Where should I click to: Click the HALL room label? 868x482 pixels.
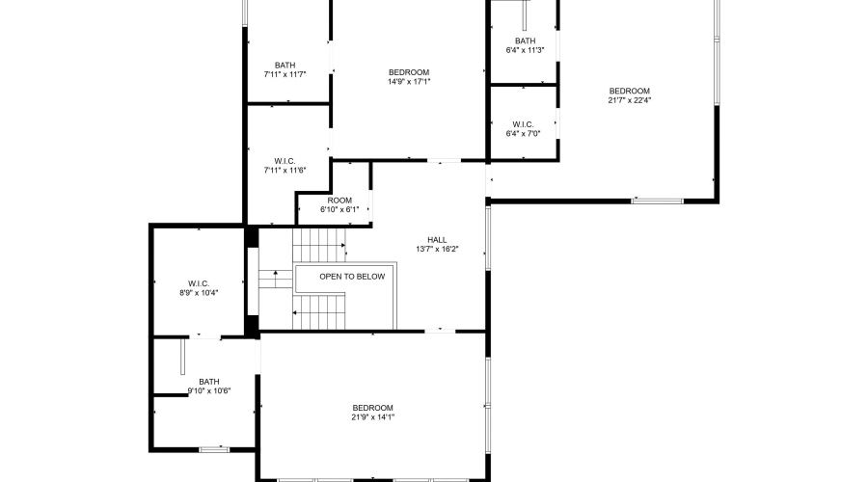[x=437, y=240]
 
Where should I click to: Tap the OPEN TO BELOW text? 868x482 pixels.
[x=352, y=277]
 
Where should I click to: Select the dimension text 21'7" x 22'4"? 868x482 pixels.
[x=630, y=100]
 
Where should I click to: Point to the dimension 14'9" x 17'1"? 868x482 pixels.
[x=409, y=81]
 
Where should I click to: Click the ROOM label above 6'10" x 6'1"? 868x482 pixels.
[x=339, y=201]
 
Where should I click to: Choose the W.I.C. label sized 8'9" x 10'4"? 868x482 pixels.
[x=199, y=283]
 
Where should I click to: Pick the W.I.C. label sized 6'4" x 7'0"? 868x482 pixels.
[x=523, y=124]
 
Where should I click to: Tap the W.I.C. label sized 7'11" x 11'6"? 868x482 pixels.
[x=285, y=161]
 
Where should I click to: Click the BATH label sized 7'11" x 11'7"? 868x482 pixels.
[x=285, y=66]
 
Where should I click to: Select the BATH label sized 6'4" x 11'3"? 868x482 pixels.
[x=526, y=40]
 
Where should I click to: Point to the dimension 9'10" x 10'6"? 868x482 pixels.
[x=209, y=390]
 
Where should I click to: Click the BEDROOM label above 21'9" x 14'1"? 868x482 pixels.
[x=372, y=408]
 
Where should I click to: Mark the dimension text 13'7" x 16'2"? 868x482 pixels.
[x=437, y=249]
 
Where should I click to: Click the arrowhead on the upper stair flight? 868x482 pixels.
[x=343, y=245]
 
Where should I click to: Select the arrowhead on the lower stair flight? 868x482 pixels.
[x=294, y=313]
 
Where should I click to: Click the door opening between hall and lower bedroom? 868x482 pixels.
[x=440, y=331]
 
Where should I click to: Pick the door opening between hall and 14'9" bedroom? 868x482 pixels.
[x=444, y=160]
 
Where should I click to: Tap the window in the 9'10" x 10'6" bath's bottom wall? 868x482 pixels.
[x=214, y=450]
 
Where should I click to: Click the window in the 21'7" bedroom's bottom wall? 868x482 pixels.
[x=658, y=201]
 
